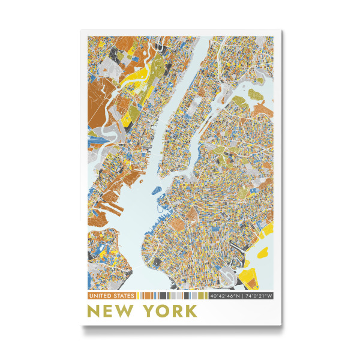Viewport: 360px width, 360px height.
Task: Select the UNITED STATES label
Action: pos(112,296)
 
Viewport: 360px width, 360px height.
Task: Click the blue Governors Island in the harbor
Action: pos(158,191)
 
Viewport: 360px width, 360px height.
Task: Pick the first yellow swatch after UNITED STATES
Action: pos(139,296)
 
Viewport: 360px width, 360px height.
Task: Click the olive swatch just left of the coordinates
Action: pos(206,296)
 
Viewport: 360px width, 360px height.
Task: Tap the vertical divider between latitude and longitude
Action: pos(242,296)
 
